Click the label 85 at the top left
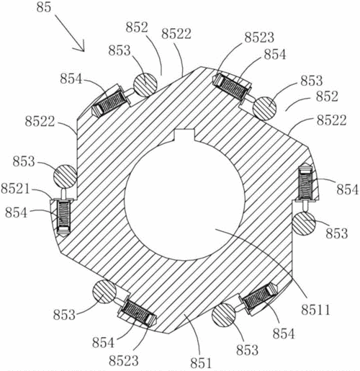coord(44,7)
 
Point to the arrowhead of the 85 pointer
coord(84,50)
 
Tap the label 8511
coord(315,310)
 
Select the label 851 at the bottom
coord(201,362)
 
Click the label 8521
coord(15,189)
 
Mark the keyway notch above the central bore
coord(184,135)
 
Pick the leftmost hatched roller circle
coord(65,176)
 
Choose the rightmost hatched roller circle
coord(304,223)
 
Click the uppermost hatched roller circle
coord(145,85)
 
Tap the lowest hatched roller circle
coord(224,315)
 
